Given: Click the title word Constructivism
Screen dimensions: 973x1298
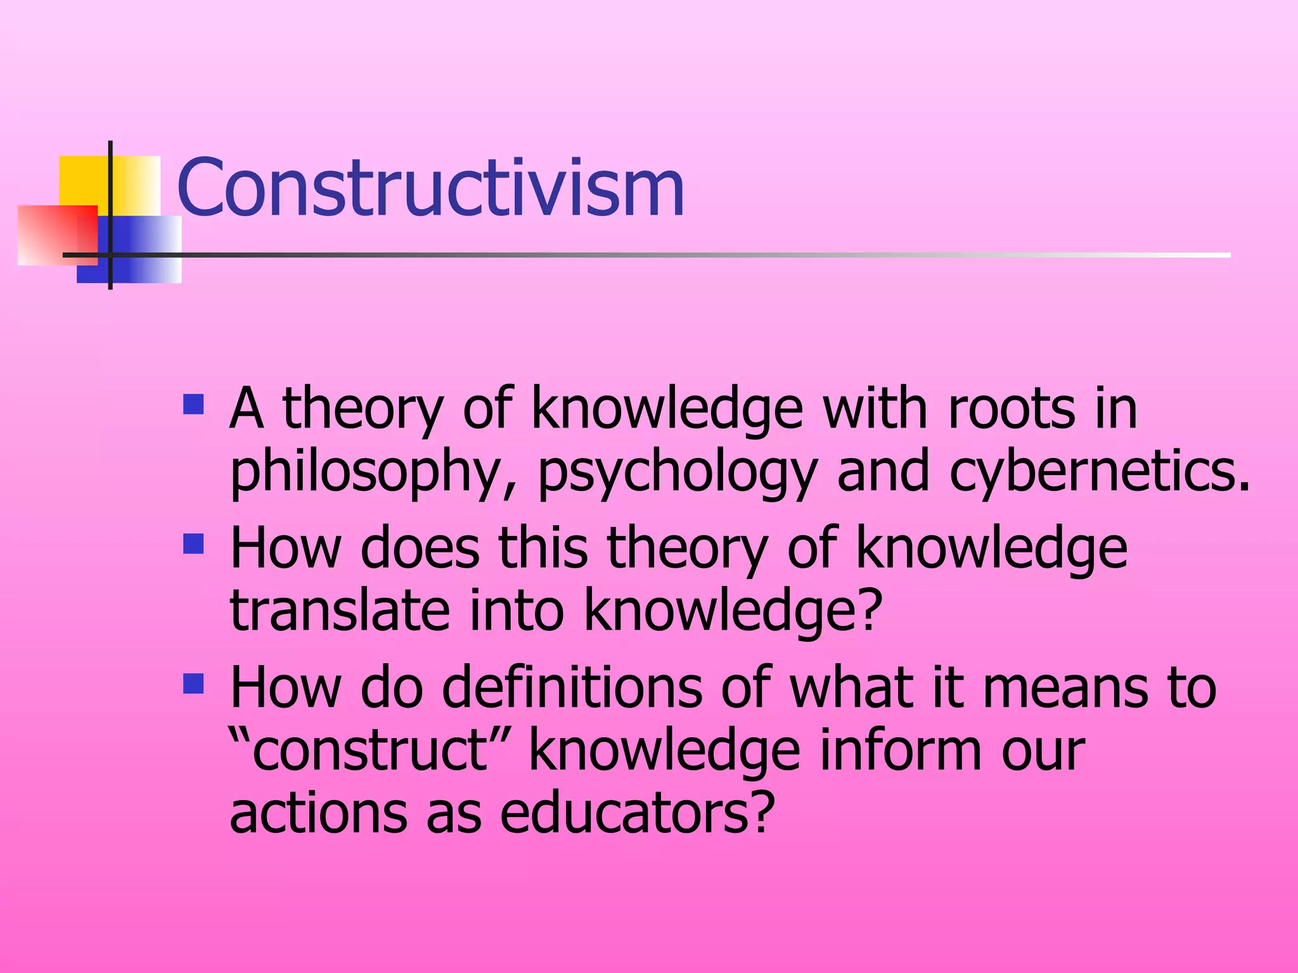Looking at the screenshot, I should pyautogui.click(x=430, y=188).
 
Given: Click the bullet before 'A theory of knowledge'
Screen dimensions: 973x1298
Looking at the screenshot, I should pyautogui.click(x=193, y=405).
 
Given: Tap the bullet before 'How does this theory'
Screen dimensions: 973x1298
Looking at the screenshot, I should pyautogui.click(x=193, y=544).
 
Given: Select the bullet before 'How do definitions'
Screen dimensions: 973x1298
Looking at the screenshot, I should pyautogui.click(x=193, y=684).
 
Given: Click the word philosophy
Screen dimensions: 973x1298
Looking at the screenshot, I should pyautogui.click(x=364, y=472).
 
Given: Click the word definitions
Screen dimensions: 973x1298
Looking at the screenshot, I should pyautogui.click(x=571, y=687).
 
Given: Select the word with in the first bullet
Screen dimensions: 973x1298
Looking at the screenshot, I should pyautogui.click(x=875, y=409).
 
